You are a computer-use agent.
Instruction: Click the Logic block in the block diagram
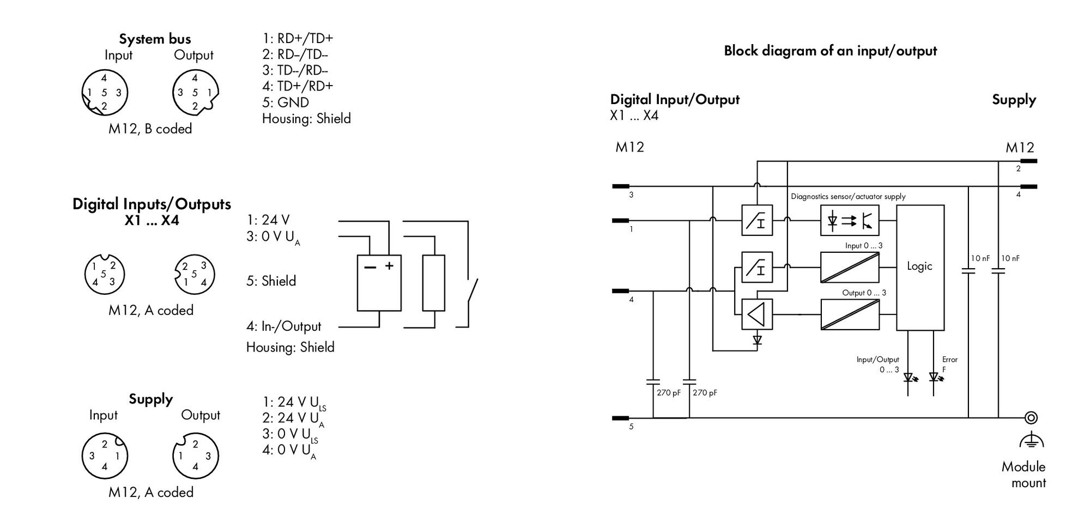tap(920, 268)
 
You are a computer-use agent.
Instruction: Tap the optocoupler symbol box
tap(850, 220)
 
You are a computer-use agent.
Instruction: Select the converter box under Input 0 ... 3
tap(850, 267)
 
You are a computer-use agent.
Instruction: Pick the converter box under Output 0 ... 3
tap(850, 314)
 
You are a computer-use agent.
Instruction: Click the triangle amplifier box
tap(757, 314)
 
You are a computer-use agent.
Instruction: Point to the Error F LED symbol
tap(936, 377)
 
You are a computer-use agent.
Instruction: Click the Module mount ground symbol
tap(1031, 440)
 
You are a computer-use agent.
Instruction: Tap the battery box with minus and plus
tap(379, 283)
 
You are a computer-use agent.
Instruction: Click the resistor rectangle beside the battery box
tap(433, 283)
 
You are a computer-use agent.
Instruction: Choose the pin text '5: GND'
tap(286, 102)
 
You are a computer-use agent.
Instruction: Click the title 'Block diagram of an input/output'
tap(830, 51)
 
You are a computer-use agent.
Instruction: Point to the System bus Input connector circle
tap(105, 92)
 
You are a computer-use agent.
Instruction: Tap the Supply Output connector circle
tap(195, 456)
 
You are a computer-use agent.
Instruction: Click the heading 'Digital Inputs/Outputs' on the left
tap(152, 204)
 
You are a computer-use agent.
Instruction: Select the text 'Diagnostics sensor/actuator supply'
tap(848, 196)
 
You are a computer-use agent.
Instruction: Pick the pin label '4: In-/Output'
tap(283, 326)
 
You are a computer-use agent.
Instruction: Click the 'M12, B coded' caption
tap(150, 129)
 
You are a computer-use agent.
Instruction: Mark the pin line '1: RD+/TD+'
tap(298, 38)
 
